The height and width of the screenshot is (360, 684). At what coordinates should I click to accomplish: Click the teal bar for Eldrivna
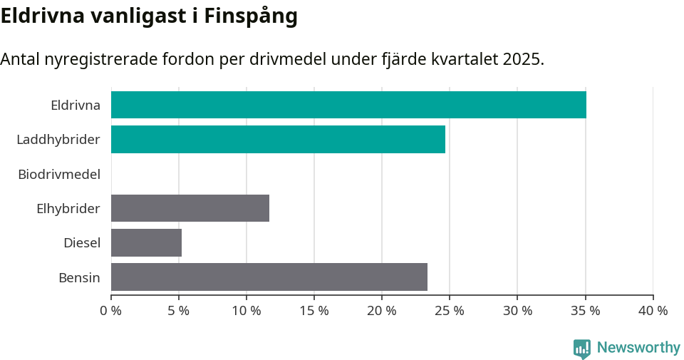[x=348, y=105]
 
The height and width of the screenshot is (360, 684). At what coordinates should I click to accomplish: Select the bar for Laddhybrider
[x=278, y=139]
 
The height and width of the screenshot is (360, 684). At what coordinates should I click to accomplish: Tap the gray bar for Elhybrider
[x=190, y=208]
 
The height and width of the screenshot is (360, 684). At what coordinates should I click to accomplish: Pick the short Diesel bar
[x=146, y=242]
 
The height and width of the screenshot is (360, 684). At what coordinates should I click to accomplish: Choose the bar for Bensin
[x=269, y=277]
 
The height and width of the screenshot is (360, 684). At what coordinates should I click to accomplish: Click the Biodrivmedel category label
[x=59, y=174]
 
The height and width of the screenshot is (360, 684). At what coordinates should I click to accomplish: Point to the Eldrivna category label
[x=76, y=106]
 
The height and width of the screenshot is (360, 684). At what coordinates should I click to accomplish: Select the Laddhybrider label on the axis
[x=58, y=140]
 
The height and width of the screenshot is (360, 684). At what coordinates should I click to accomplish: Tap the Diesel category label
[x=82, y=243]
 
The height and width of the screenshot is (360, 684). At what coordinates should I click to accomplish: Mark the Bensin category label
[x=79, y=277]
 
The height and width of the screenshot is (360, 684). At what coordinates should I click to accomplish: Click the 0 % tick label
[x=111, y=311]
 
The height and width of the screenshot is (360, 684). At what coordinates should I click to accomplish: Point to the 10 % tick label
[x=247, y=311]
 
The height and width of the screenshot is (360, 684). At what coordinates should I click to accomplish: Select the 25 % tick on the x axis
[x=450, y=311]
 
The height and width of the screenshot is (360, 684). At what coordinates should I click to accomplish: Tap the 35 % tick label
[x=585, y=311]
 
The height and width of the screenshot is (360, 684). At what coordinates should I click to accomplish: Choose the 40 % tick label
[x=653, y=311]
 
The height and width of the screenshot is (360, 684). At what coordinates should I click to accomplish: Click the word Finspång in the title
[x=251, y=17]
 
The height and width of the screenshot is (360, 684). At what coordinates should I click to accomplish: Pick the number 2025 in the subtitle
[x=522, y=59]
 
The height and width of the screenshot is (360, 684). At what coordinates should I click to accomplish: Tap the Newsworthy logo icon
[x=582, y=349]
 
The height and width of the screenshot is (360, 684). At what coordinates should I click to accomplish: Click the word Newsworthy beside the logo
[x=638, y=348]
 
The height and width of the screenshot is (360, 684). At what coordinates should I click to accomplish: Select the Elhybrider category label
[x=68, y=209]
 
